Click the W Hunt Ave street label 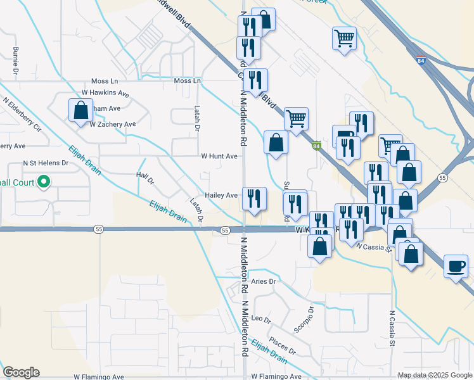point(219,156)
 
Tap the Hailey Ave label point(221,196)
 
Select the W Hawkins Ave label point(110,94)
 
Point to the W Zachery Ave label point(113,125)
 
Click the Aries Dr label point(264,281)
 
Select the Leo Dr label point(261,318)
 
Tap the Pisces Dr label point(282,346)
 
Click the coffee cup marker point(456,265)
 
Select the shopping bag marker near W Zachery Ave point(81,111)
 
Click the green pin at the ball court point(44,183)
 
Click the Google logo point(21,372)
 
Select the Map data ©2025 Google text point(434,375)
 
